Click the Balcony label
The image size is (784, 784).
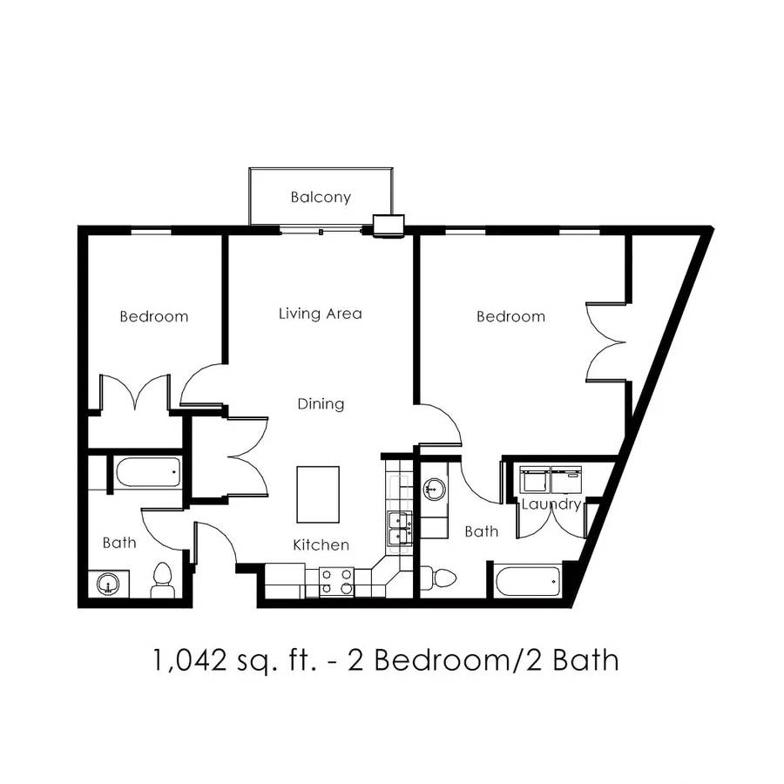(321, 197)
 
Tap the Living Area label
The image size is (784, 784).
(320, 314)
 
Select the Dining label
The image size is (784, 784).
(321, 403)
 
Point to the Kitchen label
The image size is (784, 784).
(321, 544)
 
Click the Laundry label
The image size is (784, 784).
(551, 504)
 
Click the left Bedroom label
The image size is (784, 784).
(154, 316)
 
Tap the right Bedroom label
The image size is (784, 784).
(510, 316)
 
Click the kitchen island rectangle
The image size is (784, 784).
(318, 495)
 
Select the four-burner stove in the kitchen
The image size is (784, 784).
(336, 582)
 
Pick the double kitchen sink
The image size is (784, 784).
(400, 529)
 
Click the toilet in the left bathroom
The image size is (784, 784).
(163, 580)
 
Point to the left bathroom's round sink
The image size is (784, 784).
(108, 584)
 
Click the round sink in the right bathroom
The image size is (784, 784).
(434, 489)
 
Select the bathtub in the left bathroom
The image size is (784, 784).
(147, 471)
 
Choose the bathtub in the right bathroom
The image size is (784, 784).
(528, 580)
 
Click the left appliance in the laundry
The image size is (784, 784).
(535, 480)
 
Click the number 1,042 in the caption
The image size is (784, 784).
(190, 660)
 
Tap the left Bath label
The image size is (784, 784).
(119, 543)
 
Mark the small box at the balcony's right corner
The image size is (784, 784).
(389, 224)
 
